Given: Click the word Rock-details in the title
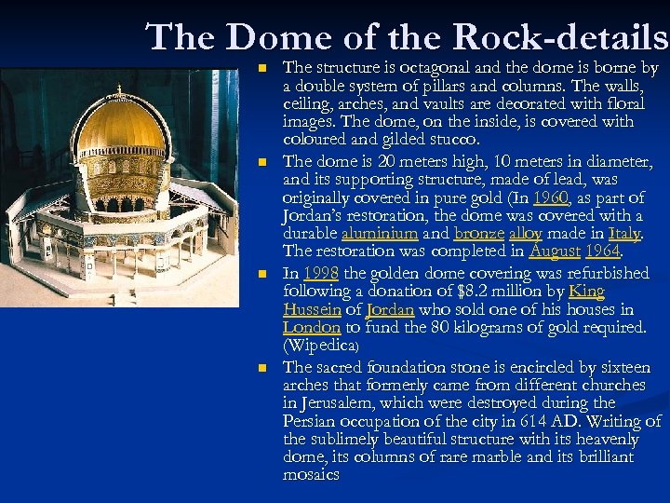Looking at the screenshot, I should coord(561,37).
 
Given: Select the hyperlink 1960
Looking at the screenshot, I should coord(552,197).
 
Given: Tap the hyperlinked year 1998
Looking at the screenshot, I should coord(321,273).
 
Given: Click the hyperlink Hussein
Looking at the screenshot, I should coord(312,309).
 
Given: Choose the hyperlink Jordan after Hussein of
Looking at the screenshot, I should coord(390,309).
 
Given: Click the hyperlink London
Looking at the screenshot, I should coord(313,327).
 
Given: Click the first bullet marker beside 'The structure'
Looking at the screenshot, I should coord(262,68).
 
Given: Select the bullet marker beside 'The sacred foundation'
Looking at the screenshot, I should coord(262,368).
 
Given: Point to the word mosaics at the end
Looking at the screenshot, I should coord(312,475).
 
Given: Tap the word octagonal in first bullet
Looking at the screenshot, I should coord(435,68).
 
